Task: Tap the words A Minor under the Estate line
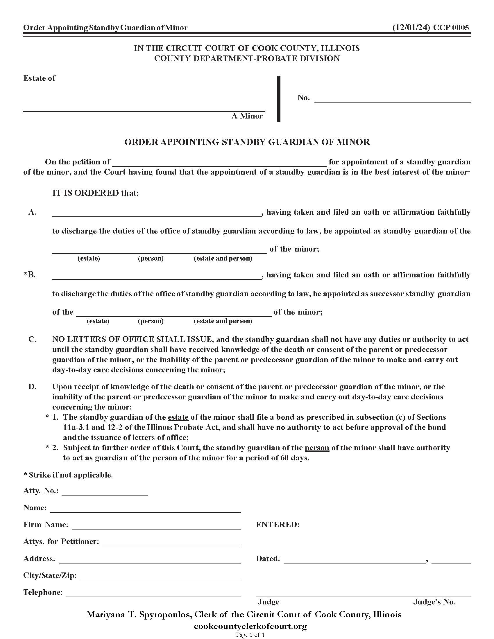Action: coord(247,116)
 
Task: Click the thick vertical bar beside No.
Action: coord(278,99)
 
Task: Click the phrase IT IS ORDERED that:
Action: coord(95,193)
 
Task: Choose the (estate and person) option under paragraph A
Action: coord(223,258)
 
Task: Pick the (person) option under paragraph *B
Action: coord(151,321)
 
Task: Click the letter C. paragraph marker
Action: coord(32,339)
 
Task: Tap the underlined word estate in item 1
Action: coord(178,417)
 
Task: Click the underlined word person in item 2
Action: coord(317,448)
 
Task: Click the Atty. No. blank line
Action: coord(105,491)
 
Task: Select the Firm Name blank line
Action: coord(156,525)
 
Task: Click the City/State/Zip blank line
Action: coord(160,576)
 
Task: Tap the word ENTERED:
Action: coord(278,525)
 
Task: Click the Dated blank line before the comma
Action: coord(354,559)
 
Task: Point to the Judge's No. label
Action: coord(434,602)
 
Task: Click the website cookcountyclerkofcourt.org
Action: coord(250,627)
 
